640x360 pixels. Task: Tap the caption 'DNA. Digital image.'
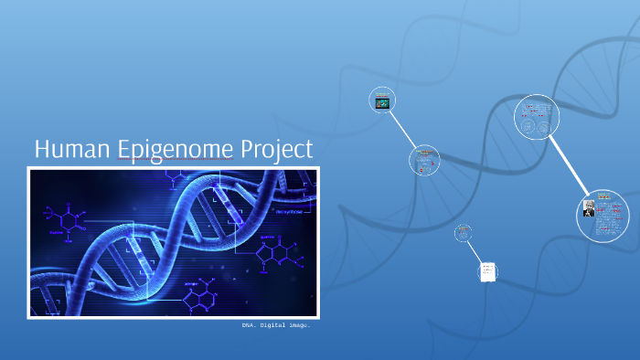[276, 325]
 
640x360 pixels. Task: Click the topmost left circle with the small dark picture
[382, 100]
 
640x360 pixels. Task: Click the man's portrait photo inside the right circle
[590, 209]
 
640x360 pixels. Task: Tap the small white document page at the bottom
[488, 271]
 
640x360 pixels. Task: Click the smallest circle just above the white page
[464, 233]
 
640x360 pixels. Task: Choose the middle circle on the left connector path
[424, 161]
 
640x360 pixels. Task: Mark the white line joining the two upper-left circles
[402, 129]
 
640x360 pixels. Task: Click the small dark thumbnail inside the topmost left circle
[383, 103]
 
